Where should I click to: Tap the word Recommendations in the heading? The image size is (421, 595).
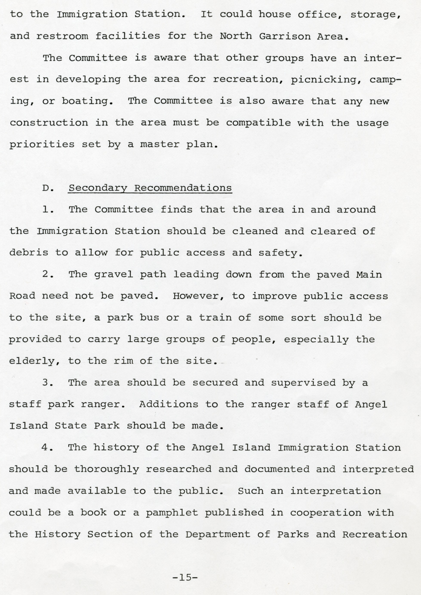coord(183,188)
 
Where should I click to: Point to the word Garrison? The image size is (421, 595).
coord(285,36)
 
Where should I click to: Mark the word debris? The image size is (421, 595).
coord(29,252)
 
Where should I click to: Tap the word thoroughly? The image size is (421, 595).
coord(107,469)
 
